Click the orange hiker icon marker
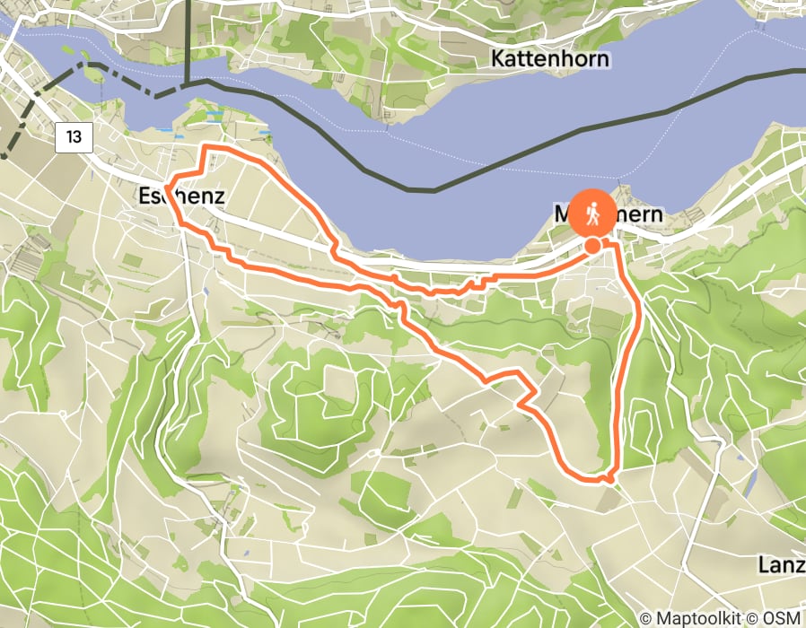click(591, 214)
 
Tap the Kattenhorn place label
click(550, 59)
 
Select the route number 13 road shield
click(74, 137)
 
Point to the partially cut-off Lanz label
click(780, 565)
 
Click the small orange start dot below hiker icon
click(593, 245)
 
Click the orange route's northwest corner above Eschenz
click(208, 146)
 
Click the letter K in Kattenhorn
click(497, 59)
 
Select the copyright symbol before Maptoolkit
click(646, 618)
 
